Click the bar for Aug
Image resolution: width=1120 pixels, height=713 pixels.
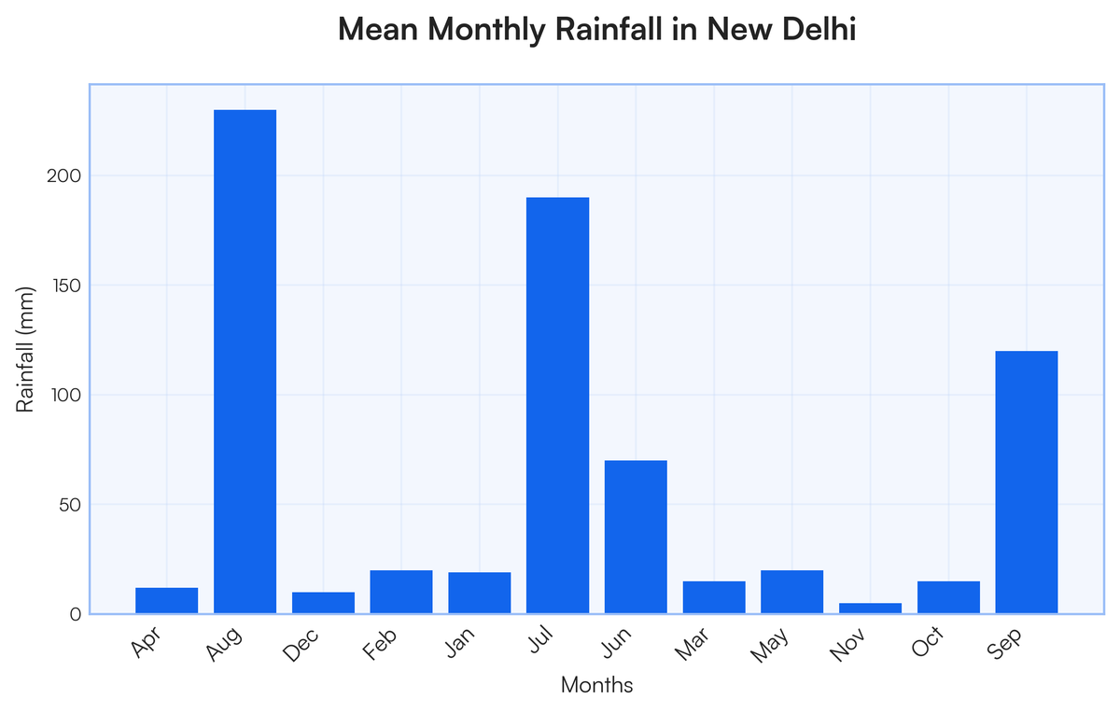(245, 362)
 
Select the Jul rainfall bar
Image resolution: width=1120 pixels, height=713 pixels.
(557, 406)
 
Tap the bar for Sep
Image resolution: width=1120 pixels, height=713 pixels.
(1027, 482)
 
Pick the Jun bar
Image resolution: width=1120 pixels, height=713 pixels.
(636, 537)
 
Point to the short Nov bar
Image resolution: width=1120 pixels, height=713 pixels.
(870, 608)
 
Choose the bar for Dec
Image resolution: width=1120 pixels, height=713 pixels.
(323, 603)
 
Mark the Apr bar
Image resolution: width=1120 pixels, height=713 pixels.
(166, 601)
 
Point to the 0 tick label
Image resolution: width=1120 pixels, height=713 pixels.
(76, 614)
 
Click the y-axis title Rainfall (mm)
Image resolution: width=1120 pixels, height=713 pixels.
(27, 349)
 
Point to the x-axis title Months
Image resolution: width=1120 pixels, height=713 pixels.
(596, 686)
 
